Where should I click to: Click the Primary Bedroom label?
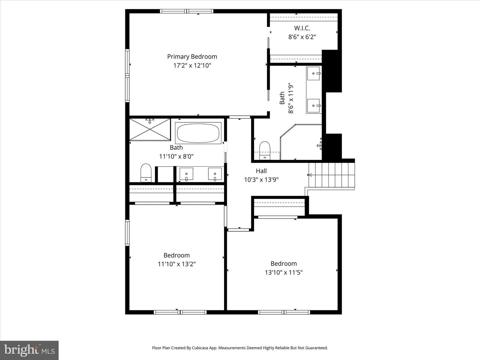[x=192, y=57]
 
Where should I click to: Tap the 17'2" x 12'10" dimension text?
[x=192, y=65]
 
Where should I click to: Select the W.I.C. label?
[x=302, y=28]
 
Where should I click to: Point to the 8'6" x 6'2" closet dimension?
[x=302, y=37]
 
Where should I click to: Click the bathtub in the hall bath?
[x=199, y=133]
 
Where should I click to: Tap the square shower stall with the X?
[x=150, y=129]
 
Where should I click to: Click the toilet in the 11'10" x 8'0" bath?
[x=146, y=173]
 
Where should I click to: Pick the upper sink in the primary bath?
[x=314, y=73]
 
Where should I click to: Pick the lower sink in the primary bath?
[x=314, y=106]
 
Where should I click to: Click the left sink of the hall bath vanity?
[x=186, y=174]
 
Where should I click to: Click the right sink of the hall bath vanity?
[x=215, y=174]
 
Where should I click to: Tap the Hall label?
[x=261, y=171]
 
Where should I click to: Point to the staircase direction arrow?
[x=310, y=175]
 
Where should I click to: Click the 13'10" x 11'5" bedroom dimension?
[x=284, y=272]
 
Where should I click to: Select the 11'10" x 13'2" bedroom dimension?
[x=177, y=264]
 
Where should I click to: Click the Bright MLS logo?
[x=29, y=350]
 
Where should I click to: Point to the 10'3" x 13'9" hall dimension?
[x=261, y=180]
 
